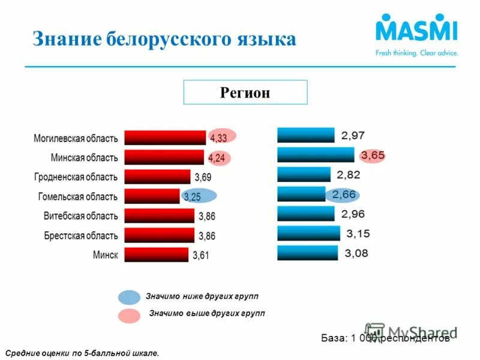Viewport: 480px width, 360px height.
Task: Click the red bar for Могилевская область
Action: (164, 137)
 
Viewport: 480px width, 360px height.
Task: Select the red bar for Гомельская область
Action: (152, 196)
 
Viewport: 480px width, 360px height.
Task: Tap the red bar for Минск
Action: (156, 254)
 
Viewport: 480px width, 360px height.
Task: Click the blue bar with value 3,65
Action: (316, 155)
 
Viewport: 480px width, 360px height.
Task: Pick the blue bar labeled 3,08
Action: (308, 253)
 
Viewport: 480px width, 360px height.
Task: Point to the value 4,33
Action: (218, 138)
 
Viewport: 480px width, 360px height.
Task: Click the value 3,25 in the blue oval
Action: (193, 197)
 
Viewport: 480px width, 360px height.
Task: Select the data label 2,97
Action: (353, 136)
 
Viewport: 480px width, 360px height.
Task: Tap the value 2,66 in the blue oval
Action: (344, 194)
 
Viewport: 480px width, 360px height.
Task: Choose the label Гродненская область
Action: (76, 177)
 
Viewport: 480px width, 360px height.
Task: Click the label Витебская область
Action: (80, 215)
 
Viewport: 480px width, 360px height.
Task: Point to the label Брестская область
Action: (80, 235)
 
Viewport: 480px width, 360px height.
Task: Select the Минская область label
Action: (84, 157)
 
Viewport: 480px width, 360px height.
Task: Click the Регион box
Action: (245, 92)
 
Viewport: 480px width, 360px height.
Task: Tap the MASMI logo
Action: (416, 32)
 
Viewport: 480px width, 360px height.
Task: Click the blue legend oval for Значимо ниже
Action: (129, 297)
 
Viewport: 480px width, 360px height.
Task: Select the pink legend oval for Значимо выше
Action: (129, 315)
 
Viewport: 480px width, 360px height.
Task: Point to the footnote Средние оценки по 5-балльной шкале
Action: (82, 353)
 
